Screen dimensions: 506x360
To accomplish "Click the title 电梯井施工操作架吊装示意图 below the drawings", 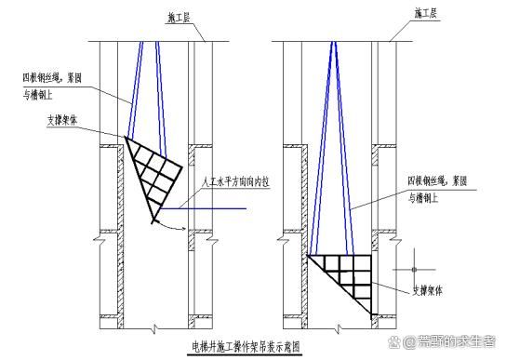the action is coord(246,346).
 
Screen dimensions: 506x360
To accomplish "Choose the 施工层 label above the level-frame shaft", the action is coord(427,13).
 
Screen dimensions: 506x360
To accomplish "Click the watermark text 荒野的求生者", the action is coord(456,342).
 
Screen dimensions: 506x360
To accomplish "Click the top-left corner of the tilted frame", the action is coord(126,139).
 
